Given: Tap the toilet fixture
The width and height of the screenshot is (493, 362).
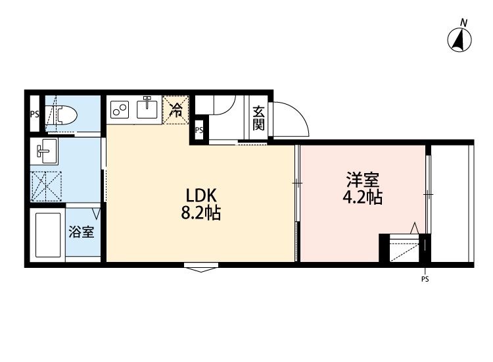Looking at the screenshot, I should (x=64, y=115).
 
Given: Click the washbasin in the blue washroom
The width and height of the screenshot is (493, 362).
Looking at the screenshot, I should (x=47, y=152).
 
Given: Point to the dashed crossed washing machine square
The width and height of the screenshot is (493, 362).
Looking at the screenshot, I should (x=47, y=185).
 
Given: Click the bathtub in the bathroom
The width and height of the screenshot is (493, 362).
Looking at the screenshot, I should (x=47, y=234).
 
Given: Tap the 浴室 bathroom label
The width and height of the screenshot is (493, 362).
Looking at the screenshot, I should (x=82, y=232).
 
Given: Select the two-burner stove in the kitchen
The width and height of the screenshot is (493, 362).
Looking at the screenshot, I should (x=120, y=109).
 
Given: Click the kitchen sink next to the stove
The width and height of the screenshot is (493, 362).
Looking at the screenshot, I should (x=147, y=109).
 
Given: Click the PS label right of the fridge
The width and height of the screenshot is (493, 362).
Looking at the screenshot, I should (x=199, y=130).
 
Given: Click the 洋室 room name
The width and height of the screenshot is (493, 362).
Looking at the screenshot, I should (x=362, y=180).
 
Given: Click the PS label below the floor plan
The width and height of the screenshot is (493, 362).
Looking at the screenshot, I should (x=425, y=279).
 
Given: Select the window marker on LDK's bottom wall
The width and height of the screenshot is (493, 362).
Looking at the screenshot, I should (x=201, y=267).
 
